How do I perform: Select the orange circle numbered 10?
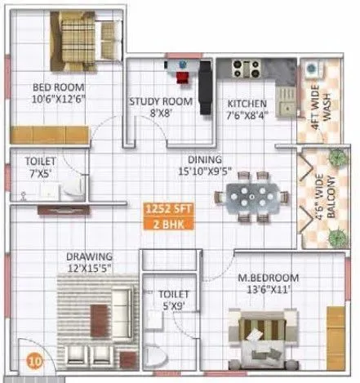point(33,359)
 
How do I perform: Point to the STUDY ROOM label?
point(160,102)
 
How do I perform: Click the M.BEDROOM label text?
point(269,277)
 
